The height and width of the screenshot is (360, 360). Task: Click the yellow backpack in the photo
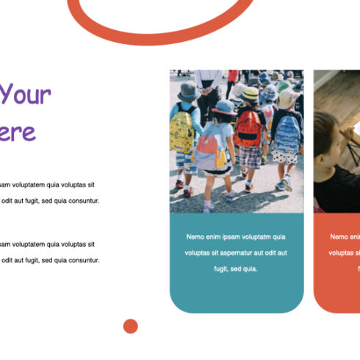point(181,132)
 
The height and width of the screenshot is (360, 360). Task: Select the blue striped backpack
point(287,133)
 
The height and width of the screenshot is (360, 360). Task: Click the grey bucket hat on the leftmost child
point(187,91)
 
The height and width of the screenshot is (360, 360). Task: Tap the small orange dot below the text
point(131,326)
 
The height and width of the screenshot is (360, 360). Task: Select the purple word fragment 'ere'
point(18,132)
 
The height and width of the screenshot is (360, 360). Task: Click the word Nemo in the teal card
point(195,237)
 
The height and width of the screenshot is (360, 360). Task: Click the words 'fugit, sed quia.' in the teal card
point(236,269)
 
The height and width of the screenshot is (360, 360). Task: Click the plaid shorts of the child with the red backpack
point(251,156)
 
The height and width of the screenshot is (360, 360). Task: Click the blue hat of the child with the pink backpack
point(225,107)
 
